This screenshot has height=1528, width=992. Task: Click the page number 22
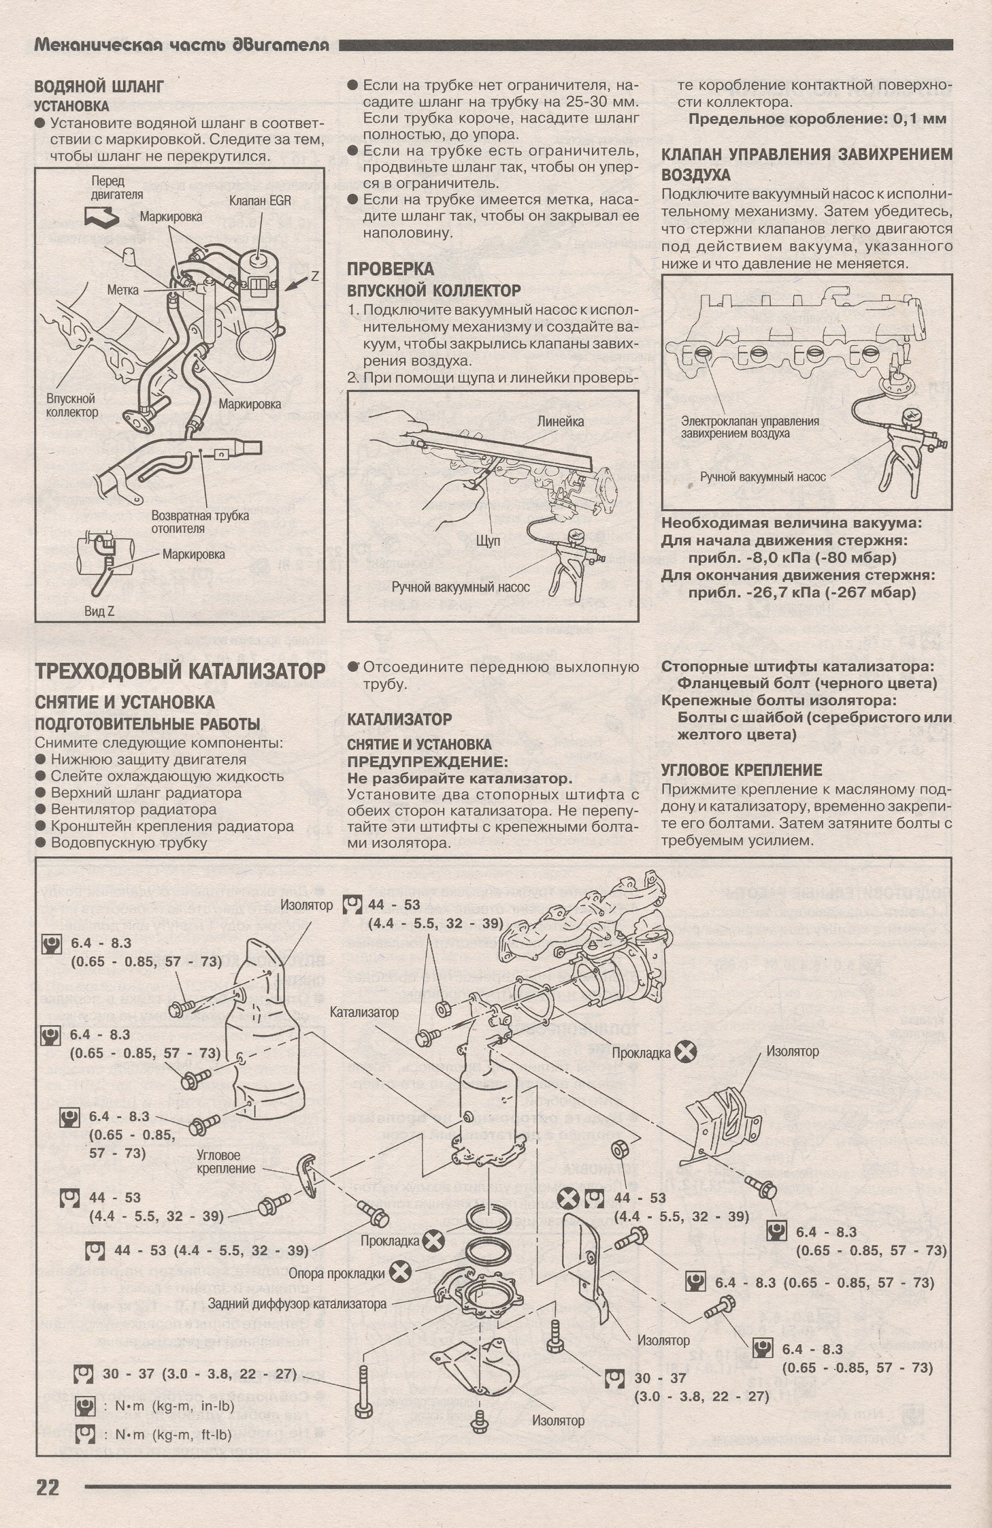(48, 1486)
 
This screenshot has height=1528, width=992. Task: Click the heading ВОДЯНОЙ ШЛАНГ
(99, 86)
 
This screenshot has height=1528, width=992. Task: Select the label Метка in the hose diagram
(122, 290)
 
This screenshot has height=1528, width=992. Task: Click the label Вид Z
(99, 611)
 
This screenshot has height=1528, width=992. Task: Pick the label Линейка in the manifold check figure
(560, 421)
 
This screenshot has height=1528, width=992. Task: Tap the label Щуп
(489, 540)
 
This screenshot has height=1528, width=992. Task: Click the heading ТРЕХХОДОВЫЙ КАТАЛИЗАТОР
(180, 671)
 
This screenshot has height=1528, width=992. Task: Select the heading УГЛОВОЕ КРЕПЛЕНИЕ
(742, 770)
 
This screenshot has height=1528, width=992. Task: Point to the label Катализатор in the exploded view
(364, 1012)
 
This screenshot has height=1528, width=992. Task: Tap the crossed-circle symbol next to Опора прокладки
(401, 1271)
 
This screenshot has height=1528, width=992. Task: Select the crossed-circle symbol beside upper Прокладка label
(686, 1052)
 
